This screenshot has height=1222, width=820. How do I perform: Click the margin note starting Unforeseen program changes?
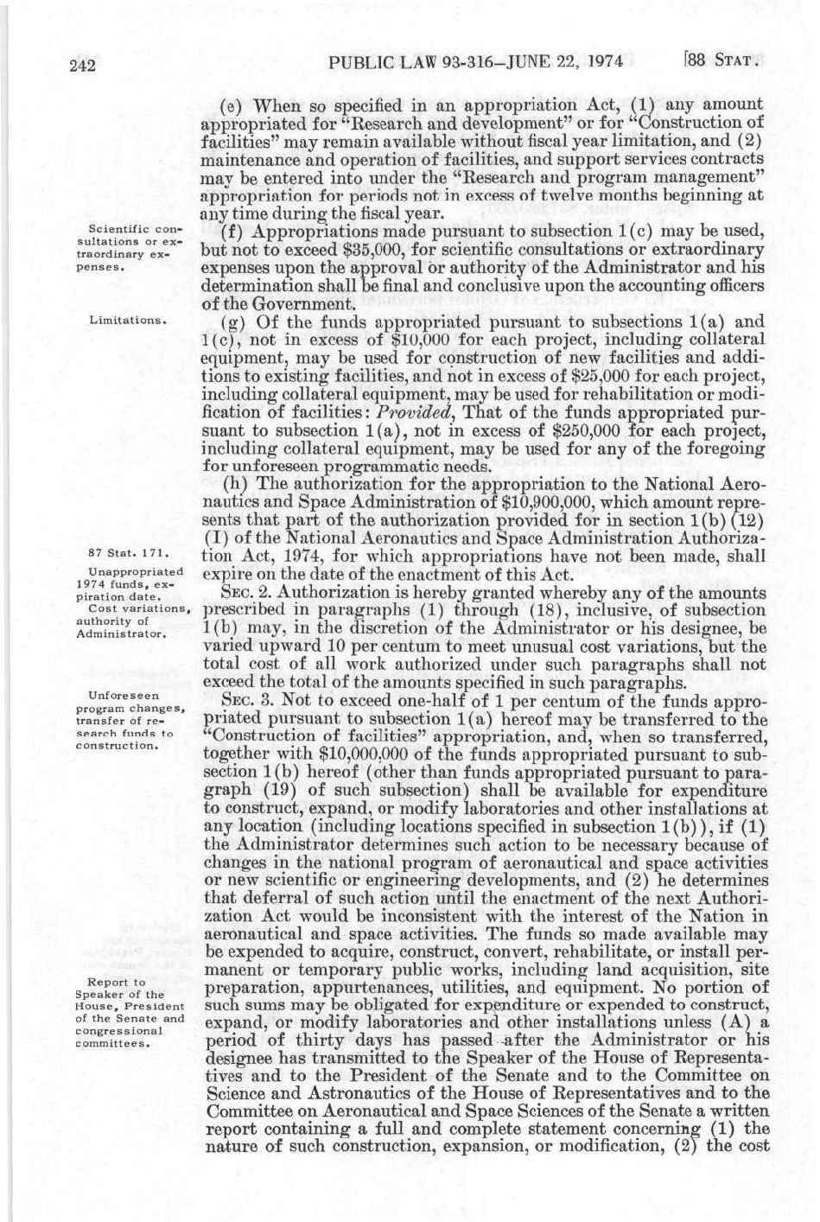coord(130,719)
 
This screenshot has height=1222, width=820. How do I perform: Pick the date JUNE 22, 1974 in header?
coord(563,62)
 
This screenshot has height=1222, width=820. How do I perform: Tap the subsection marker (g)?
coord(231,321)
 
